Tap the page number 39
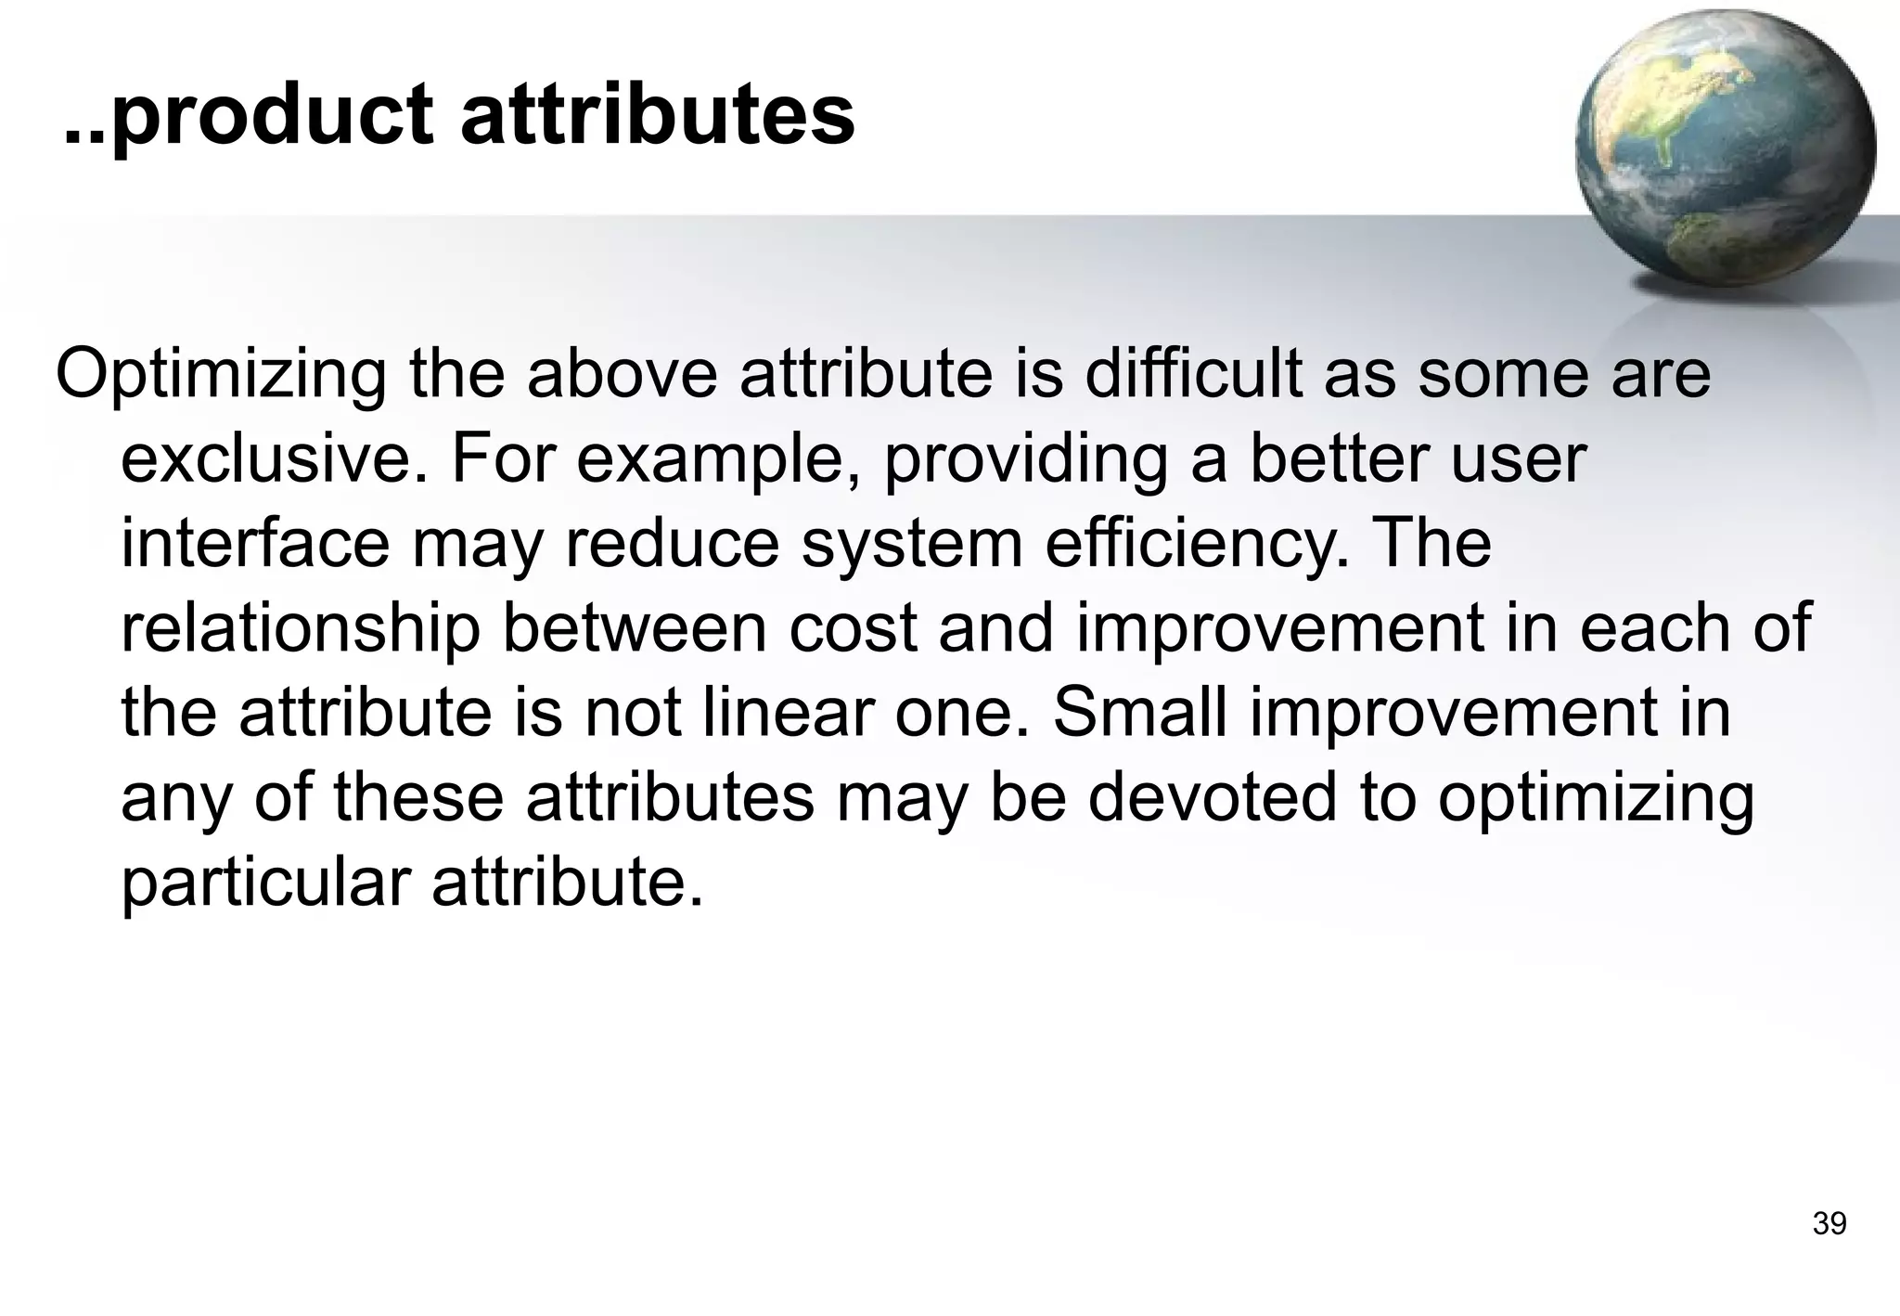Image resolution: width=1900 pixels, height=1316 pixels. click(1829, 1224)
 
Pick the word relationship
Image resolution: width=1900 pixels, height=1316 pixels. click(301, 628)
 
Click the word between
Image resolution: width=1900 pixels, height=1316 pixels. click(635, 628)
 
